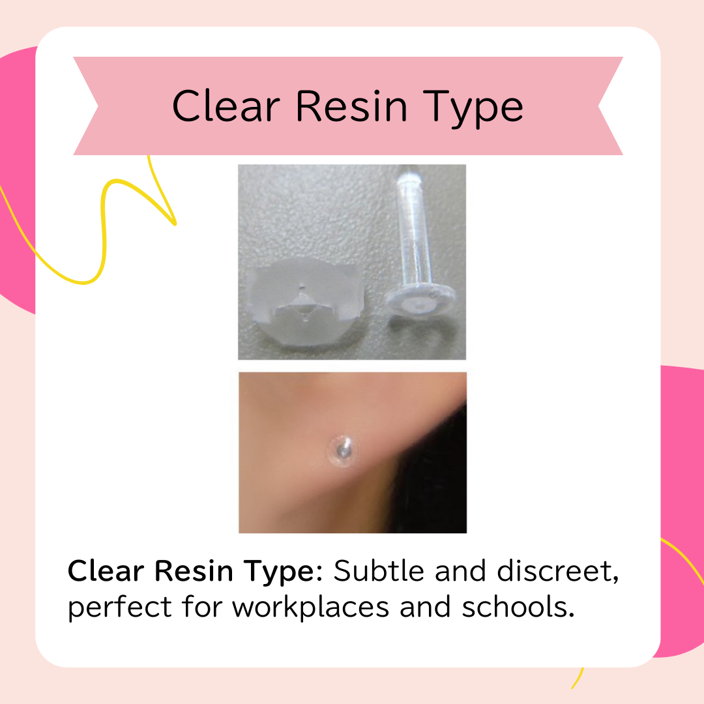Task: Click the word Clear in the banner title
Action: click(226, 106)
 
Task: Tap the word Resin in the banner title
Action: click(351, 106)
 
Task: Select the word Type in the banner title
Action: click(473, 110)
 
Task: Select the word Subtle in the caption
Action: click(379, 571)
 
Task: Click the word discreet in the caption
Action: click(558, 571)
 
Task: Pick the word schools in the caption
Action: click(518, 608)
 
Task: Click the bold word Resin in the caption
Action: click(194, 571)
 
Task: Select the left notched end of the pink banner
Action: click(86, 106)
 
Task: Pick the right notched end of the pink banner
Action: click(611, 106)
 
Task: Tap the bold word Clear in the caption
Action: click(106, 571)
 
